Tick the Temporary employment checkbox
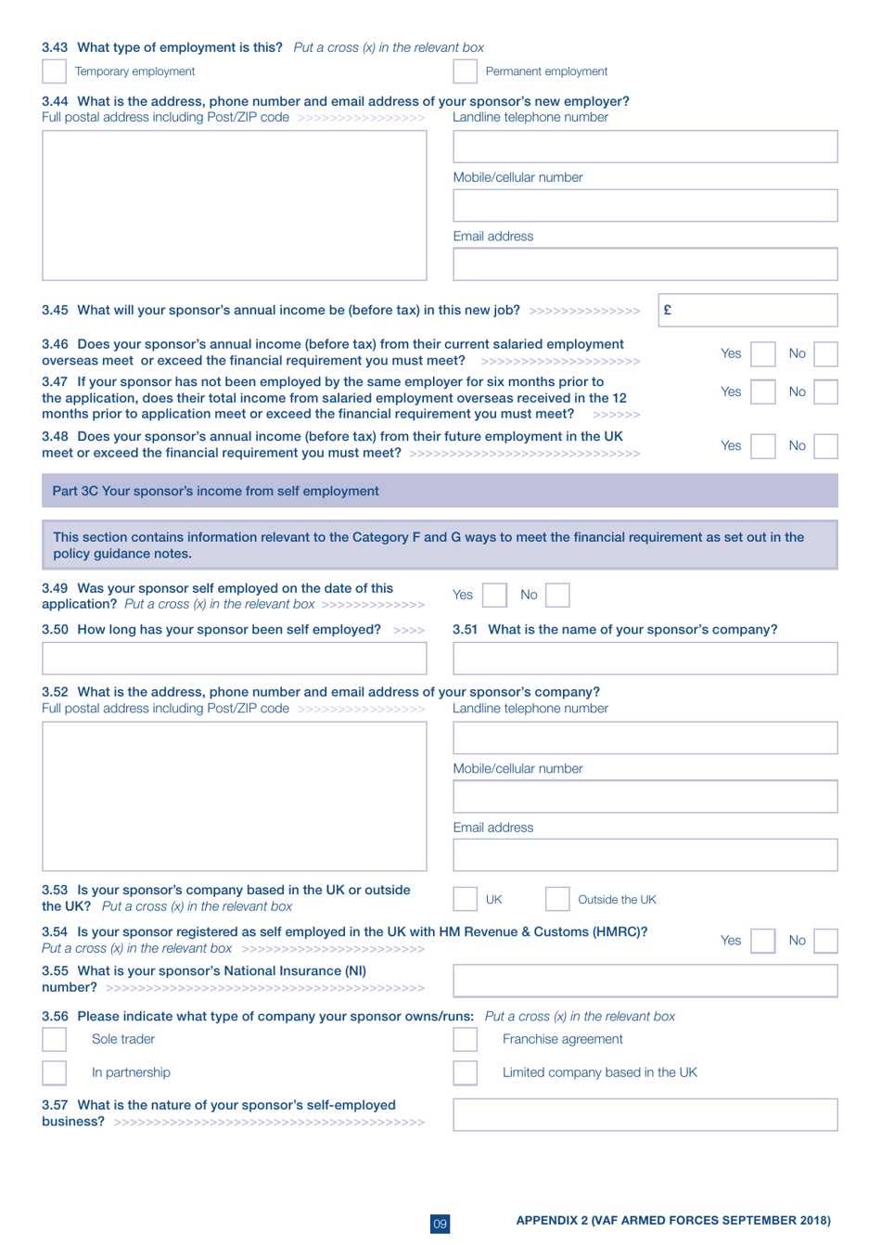pos(54,71)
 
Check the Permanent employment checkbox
pos(465,71)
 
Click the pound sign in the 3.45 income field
pos(667,310)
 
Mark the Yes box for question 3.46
pos(762,353)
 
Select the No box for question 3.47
pos(825,391)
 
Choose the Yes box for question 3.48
pos(762,446)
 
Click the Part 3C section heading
pos(215,491)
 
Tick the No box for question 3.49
pos(557,595)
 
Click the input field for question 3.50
pos(234,659)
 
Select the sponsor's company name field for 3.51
pos(645,659)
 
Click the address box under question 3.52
pos(234,796)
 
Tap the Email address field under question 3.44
pos(645,264)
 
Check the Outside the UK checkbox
pos(556,899)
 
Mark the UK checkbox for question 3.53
pos(465,899)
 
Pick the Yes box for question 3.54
pos(762,941)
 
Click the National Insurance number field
pos(645,981)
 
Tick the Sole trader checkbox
pos(54,1040)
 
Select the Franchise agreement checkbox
pos(465,1040)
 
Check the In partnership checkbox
pos(54,1072)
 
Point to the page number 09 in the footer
pos(440,1224)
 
